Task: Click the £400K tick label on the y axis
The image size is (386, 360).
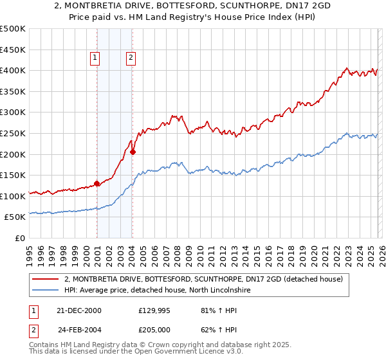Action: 13,70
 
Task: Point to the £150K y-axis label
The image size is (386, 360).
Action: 13,175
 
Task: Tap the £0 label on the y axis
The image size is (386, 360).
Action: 19,238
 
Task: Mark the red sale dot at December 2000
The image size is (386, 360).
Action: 97,183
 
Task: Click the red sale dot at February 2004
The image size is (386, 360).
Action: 133,152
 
